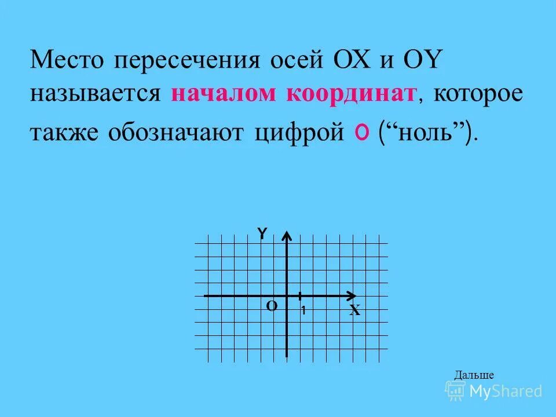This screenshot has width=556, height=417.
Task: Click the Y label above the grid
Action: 262,233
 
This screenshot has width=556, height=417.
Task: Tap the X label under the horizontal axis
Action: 355,311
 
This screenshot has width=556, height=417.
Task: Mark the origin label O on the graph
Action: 272,306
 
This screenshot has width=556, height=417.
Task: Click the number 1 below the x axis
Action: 302,311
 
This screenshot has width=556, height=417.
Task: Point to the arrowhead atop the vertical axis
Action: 288,235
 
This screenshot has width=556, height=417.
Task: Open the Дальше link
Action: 474,375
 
